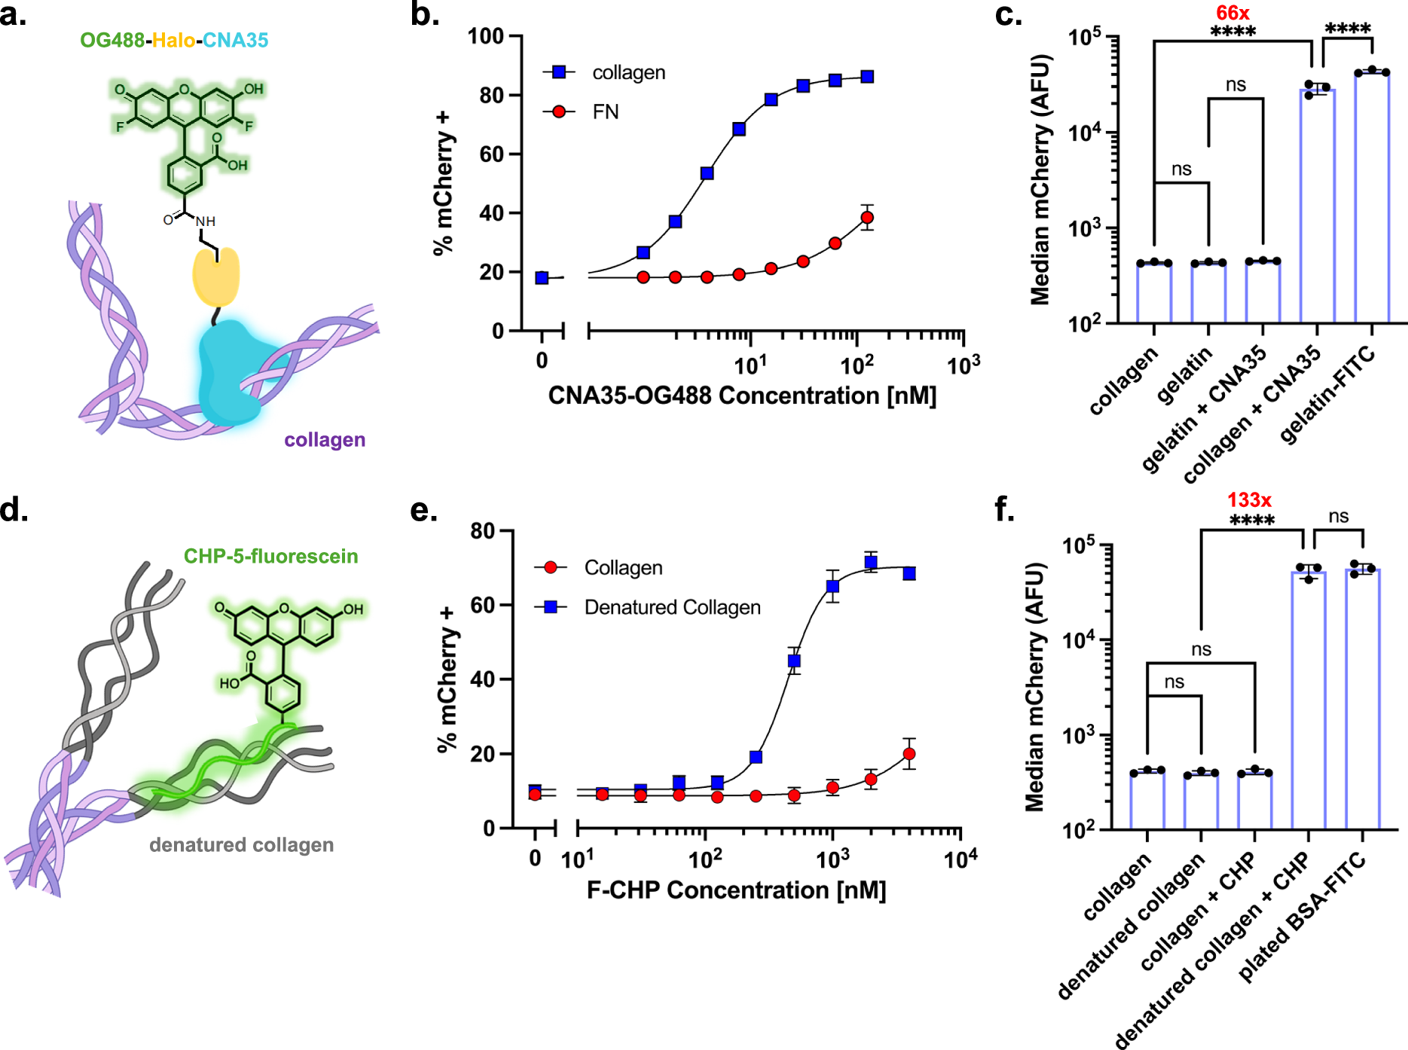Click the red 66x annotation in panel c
point(1232,13)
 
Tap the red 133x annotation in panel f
point(1249,500)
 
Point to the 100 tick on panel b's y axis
point(485,36)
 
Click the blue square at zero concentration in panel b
point(542,278)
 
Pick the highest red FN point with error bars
point(867,218)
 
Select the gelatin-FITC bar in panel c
point(1372,196)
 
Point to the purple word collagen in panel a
point(325,440)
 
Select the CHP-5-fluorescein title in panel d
point(270,556)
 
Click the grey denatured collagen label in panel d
point(241,845)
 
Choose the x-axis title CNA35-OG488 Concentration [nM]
point(741,395)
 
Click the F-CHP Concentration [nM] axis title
point(736,890)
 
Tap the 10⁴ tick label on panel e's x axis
point(961,859)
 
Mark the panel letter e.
point(423,511)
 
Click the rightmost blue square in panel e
point(909,574)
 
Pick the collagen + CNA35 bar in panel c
point(1318,205)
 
